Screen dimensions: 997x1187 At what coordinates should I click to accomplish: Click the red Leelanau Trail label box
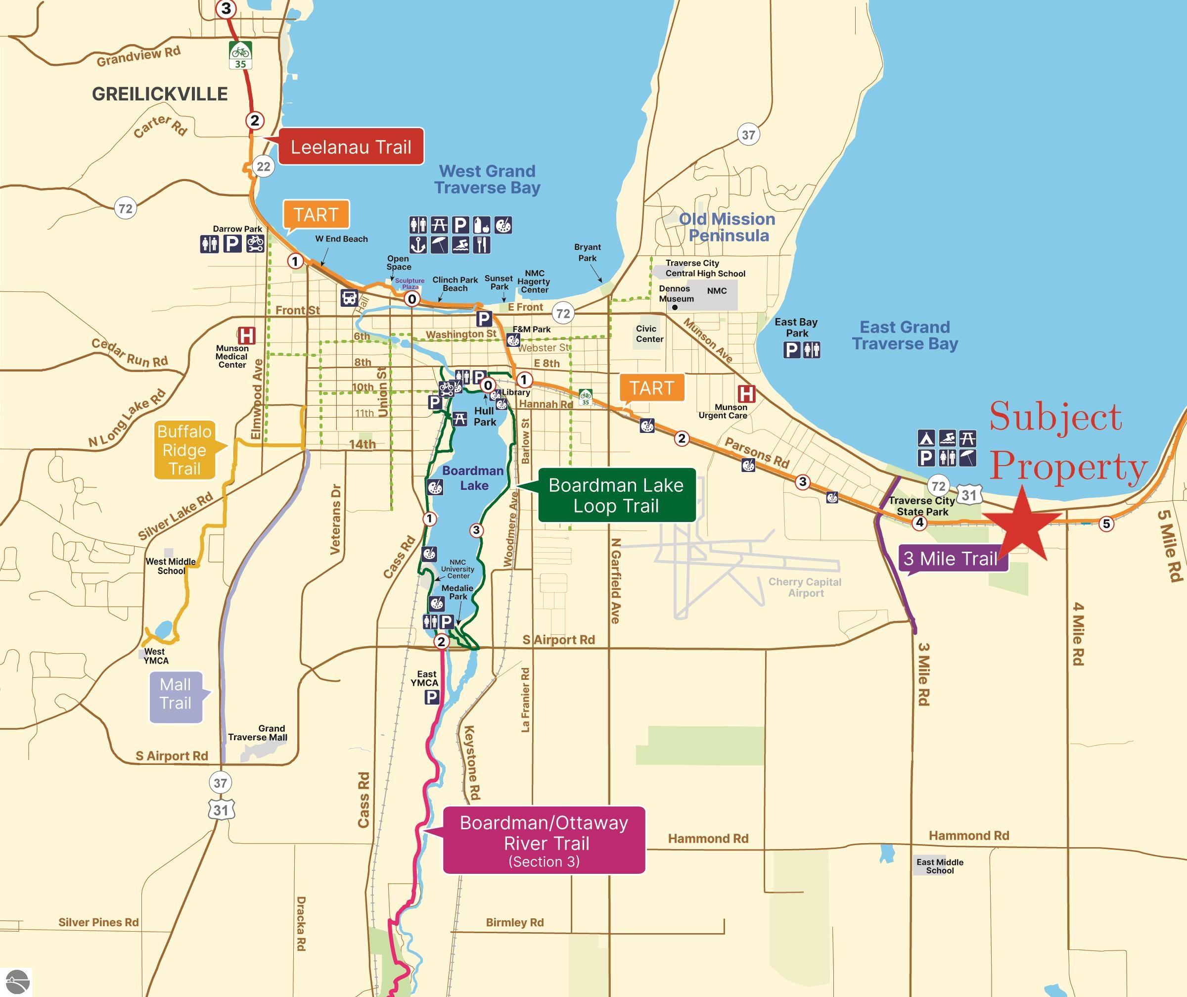(351, 147)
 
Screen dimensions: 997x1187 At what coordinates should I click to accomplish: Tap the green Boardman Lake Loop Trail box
(616, 495)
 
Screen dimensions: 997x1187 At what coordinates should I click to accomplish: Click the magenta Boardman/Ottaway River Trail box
(544, 840)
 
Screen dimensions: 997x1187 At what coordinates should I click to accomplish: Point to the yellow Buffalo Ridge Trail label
(184, 450)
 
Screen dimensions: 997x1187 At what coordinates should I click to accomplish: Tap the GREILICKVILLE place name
(160, 94)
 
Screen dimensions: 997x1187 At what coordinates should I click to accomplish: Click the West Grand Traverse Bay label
(487, 179)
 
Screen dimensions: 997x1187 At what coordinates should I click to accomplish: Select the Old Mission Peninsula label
(728, 227)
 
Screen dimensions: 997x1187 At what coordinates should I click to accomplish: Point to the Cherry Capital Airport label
(805, 587)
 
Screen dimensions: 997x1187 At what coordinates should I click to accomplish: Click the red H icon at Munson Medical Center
(246, 335)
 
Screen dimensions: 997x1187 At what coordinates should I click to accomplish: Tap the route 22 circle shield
(264, 166)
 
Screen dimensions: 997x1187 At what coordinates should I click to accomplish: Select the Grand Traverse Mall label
(258, 733)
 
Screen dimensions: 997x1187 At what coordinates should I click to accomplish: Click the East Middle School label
(939, 866)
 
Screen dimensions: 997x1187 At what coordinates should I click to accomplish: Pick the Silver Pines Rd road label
(98, 922)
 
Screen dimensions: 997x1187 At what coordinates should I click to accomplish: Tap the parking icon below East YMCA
(432, 697)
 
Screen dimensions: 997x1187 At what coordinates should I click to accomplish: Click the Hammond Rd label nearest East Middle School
(968, 835)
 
